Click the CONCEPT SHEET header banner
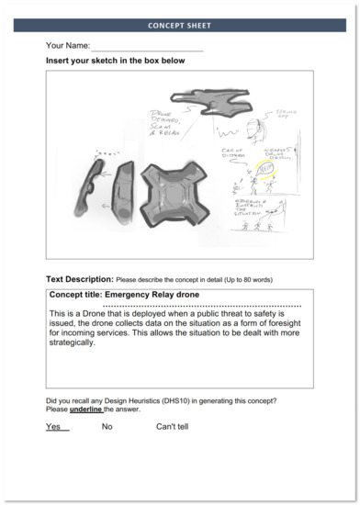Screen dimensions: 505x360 [179, 26]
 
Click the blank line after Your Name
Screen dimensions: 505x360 [147, 46]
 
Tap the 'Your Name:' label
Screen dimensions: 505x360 [68, 45]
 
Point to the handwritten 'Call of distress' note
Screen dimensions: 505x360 [236, 153]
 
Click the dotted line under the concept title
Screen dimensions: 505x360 [201, 304]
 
